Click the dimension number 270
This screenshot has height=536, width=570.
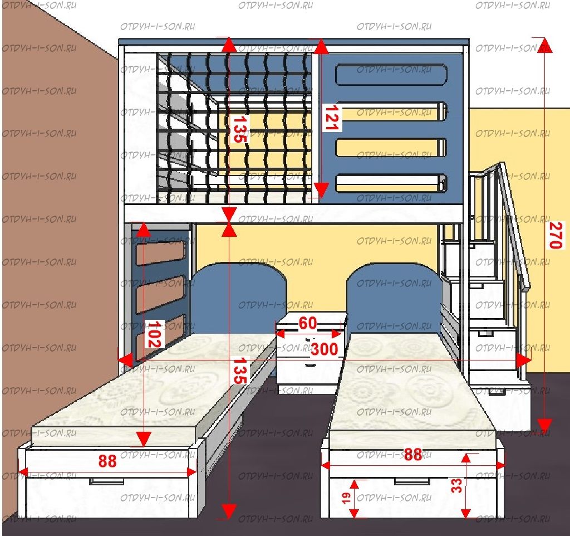click(x=556, y=235)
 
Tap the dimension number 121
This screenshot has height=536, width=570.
click(x=332, y=118)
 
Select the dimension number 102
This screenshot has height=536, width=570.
click(x=155, y=334)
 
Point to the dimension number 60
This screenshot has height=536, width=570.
click(x=307, y=323)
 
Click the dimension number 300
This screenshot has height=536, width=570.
click(x=325, y=349)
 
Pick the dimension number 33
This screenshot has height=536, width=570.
click(x=456, y=485)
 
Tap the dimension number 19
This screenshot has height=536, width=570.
click(x=346, y=498)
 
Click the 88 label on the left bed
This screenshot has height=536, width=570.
click(x=107, y=461)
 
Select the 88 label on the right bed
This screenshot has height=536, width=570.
click(x=413, y=455)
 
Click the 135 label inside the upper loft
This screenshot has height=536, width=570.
click(x=240, y=129)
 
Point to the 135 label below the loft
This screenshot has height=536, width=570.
click(x=240, y=371)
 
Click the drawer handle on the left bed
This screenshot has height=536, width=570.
click(x=107, y=481)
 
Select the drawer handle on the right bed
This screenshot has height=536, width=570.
click(x=412, y=481)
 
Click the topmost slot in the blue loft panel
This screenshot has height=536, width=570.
click(x=391, y=75)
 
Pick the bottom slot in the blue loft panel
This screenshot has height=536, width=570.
click(x=391, y=183)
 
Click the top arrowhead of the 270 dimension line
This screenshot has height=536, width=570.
click(x=544, y=45)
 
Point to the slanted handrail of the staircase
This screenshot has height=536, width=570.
click(x=515, y=226)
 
